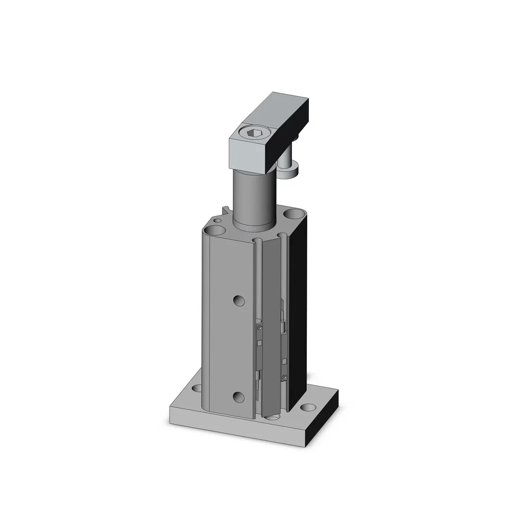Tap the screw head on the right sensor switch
(x=285, y=376)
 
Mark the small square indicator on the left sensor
(x=259, y=344)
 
